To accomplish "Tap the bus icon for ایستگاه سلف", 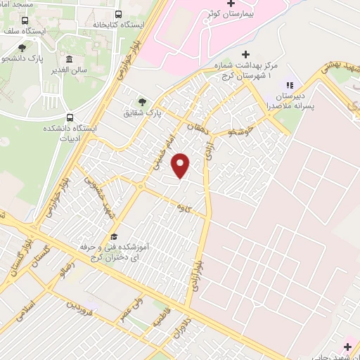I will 25,20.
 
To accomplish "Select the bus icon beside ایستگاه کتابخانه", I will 117,14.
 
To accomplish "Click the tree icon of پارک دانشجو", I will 22,48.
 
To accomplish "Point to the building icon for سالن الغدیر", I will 69,60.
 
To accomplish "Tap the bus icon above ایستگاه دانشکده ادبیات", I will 69,117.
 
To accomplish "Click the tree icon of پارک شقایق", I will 142,102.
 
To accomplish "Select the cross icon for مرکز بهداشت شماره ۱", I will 245,54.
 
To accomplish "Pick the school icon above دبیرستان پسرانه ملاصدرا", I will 290,86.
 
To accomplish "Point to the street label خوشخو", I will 243,131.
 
